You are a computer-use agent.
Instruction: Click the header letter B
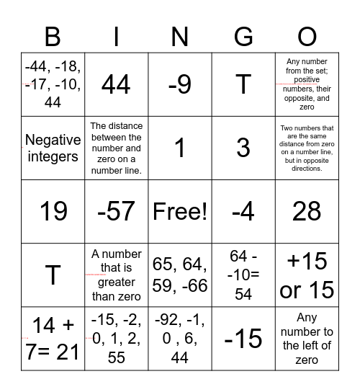click(x=53, y=36)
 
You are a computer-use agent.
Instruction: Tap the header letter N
click(x=180, y=36)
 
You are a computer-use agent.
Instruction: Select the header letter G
click(x=243, y=36)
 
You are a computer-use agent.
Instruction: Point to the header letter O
click(x=307, y=36)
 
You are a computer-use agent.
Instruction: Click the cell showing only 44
click(x=116, y=85)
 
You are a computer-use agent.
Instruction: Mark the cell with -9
click(x=180, y=85)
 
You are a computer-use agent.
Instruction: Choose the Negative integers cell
click(x=53, y=148)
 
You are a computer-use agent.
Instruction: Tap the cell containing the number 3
click(x=243, y=148)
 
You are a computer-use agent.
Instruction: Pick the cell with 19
click(x=53, y=211)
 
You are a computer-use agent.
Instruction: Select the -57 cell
click(x=116, y=211)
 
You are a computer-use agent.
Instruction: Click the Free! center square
click(x=180, y=211)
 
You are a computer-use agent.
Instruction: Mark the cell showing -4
click(x=243, y=211)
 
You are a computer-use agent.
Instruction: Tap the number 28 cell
click(x=307, y=211)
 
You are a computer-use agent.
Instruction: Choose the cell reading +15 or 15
click(x=307, y=275)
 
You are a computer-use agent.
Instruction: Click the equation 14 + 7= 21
click(x=53, y=338)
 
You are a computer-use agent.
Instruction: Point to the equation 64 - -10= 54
click(x=243, y=275)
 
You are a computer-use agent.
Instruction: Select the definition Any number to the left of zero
click(x=307, y=338)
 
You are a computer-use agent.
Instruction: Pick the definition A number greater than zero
click(x=116, y=275)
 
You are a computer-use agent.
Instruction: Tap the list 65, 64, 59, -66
click(x=180, y=275)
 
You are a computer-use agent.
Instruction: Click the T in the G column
click(x=243, y=85)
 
